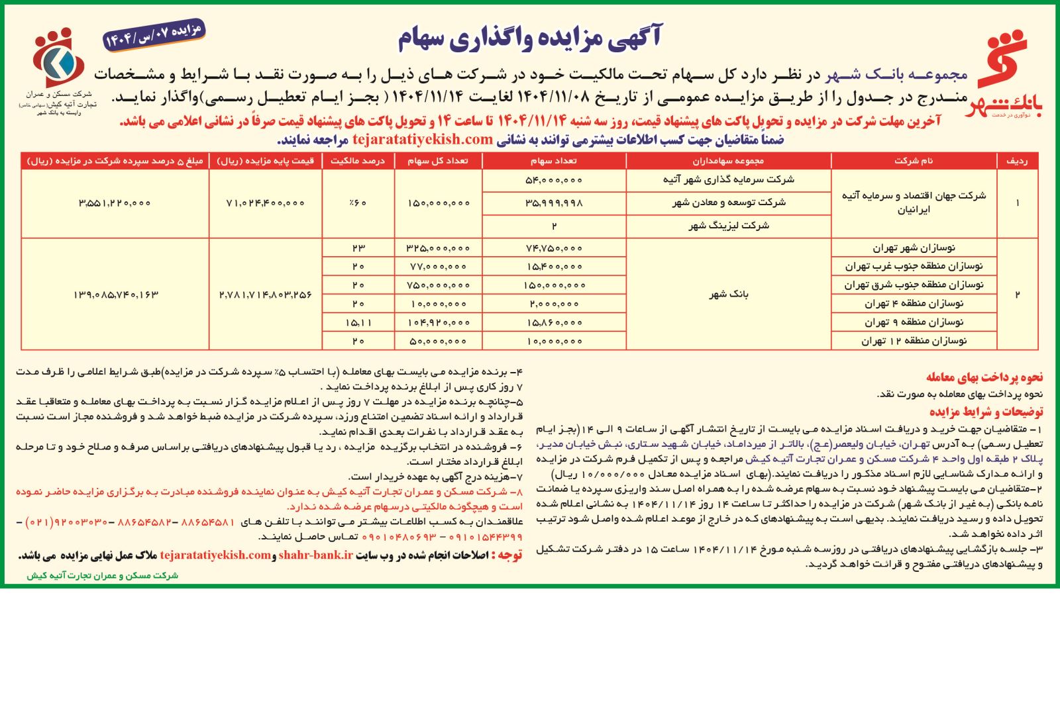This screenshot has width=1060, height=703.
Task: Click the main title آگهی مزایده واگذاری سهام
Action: point(529,38)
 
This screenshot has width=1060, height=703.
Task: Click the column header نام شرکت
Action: point(914,161)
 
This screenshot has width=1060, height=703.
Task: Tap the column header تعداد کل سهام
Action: point(438,161)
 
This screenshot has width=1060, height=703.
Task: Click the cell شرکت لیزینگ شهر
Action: point(729,226)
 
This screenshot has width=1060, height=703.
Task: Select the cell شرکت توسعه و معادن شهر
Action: point(729,203)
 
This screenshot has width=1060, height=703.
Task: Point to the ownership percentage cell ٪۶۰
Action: point(358,203)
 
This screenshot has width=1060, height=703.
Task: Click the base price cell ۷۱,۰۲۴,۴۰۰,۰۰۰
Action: point(265,203)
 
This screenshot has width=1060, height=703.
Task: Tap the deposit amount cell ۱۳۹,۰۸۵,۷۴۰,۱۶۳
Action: point(115,294)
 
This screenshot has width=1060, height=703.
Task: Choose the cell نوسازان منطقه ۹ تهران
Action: point(914,322)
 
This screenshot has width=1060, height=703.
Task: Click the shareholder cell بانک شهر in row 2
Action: point(729,294)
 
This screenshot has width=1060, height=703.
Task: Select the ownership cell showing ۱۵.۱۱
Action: point(358,322)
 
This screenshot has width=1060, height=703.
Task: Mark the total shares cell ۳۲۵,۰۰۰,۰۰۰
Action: point(438,248)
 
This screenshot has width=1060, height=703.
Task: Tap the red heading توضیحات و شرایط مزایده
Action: point(986,412)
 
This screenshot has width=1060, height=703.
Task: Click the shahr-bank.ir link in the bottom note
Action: point(315,555)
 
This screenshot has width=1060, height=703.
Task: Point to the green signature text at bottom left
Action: point(102,576)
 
